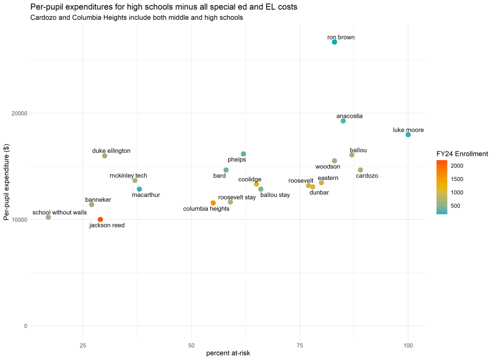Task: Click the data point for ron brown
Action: [x=335, y=42]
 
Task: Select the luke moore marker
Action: [x=408, y=135]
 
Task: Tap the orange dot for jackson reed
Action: [x=101, y=220]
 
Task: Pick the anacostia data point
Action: [x=343, y=121]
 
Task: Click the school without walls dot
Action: [x=48, y=217]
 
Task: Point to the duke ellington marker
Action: [x=105, y=156]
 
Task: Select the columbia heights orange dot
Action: [x=213, y=203]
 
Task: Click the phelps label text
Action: [x=237, y=160]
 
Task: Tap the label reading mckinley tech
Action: [x=128, y=176]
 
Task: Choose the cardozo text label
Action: [x=367, y=176]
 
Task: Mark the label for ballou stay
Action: [x=275, y=195]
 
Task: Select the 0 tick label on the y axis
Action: [x=25, y=326]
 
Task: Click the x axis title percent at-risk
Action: [x=228, y=354]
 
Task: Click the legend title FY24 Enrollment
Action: [x=462, y=154]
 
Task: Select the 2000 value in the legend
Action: [x=457, y=165]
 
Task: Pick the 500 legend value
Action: [x=455, y=206]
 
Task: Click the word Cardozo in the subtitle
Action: [x=44, y=17]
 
